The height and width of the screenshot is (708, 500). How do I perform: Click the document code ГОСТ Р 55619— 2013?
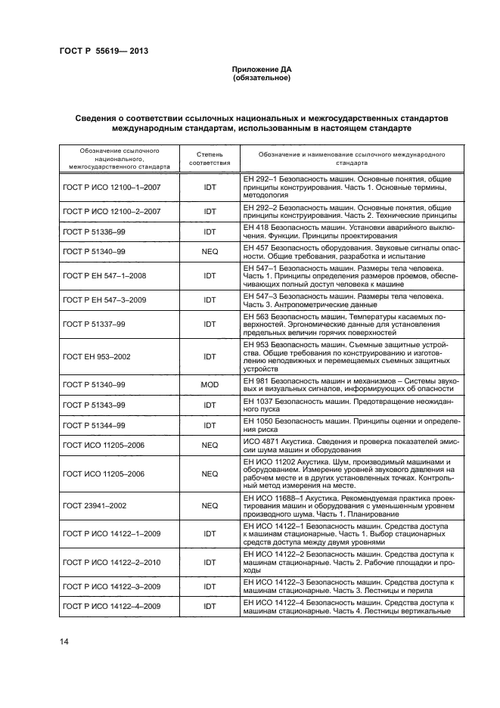103,51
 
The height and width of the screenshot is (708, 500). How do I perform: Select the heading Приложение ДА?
261,70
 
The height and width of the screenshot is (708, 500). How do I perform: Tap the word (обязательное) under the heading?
261,78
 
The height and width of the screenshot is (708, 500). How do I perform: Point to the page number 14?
64,641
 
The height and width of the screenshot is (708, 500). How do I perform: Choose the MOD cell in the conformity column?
210,384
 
